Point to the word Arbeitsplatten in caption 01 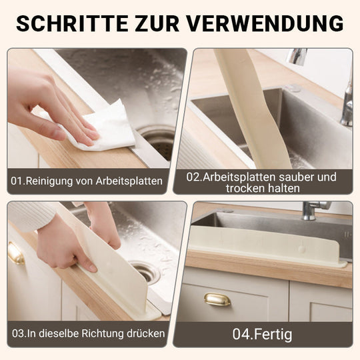(128, 180)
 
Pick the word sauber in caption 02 (299, 177)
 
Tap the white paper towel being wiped (110, 127)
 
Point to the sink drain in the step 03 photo (145, 271)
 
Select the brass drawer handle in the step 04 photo (217, 299)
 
